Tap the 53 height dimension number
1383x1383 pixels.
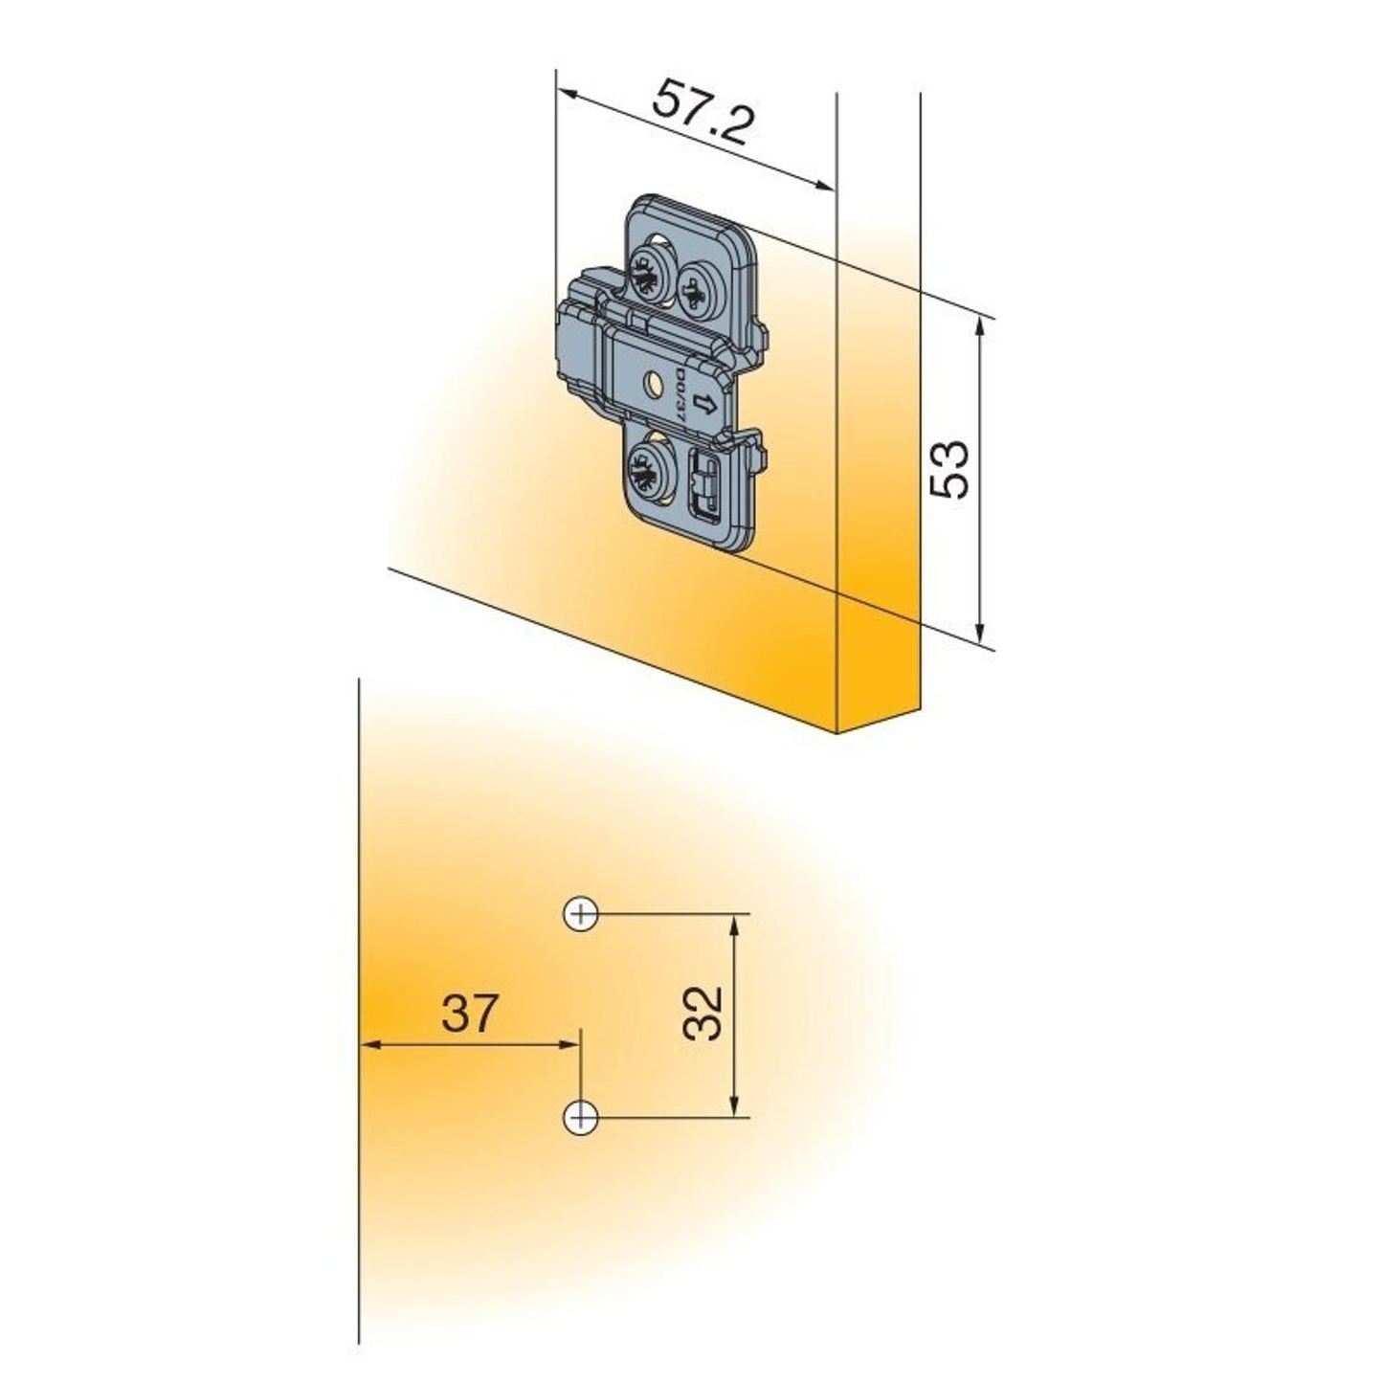click(950, 469)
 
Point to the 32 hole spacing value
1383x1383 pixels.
click(703, 1013)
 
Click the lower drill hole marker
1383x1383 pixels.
click(581, 1116)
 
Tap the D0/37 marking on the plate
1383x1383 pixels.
click(680, 392)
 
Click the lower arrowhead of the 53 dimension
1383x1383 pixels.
click(979, 633)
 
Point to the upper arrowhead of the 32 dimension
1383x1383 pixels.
click(735, 923)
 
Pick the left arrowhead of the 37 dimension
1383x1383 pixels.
click(369, 1044)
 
